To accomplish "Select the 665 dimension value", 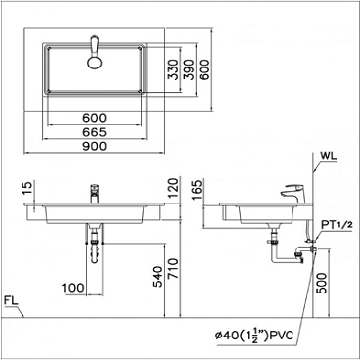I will click(95, 131).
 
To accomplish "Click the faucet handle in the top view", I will click(95, 45).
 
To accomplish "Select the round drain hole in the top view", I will click(95, 63).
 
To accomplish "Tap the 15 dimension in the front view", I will click(29, 187).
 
